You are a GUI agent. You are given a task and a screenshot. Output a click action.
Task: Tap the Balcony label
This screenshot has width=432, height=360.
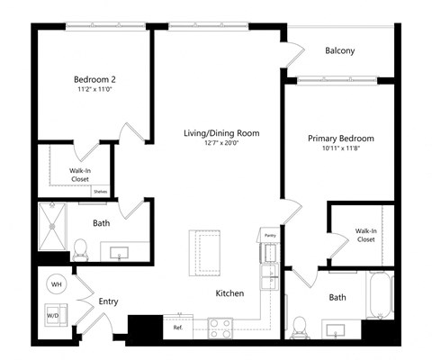pyautogui.click(x=339, y=51)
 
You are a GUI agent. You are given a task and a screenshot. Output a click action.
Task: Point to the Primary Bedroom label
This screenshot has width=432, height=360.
pyautogui.click(x=340, y=139)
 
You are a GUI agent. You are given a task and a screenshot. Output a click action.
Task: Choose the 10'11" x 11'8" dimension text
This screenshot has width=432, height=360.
pyautogui.click(x=340, y=149)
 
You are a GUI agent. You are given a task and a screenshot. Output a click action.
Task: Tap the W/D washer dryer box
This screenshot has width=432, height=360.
pyautogui.click(x=53, y=316)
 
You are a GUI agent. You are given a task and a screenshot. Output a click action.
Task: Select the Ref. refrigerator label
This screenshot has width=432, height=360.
pyautogui.click(x=178, y=328)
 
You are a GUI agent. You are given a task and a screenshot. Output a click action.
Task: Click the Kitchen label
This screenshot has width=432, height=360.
pyautogui.click(x=230, y=293)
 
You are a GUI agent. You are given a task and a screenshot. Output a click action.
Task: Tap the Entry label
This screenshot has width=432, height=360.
pyautogui.click(x=108, y=301)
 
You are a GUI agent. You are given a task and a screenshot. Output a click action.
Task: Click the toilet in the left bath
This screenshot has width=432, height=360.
pyautogui.click(x=79, y=246)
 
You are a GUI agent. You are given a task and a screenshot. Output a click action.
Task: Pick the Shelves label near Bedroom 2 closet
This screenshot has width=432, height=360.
pyautogui.click(x=100, y=191)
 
